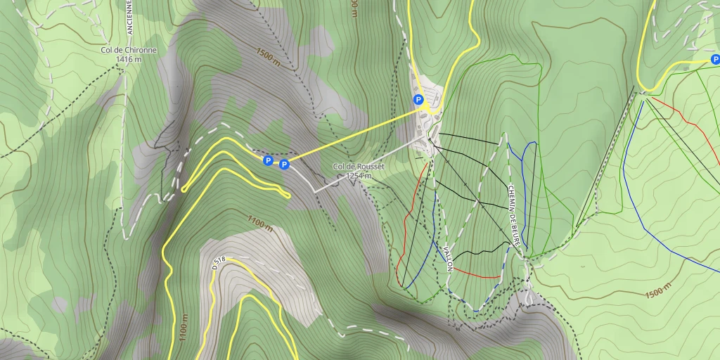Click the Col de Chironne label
(x=129, y=51)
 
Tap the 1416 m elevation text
(x=129, y=60)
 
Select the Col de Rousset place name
(x=359, y=167)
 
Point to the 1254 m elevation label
(x=359, y=176)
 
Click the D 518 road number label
(x=219, y=263)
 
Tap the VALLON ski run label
(x=448, y=258)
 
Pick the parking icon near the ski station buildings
(x=418, y=100)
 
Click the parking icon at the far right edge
(x=715, y=60)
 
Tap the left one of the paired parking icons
(x=268, y=161)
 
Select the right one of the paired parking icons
(x=284, y=165)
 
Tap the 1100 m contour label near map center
(x=259, y=224)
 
